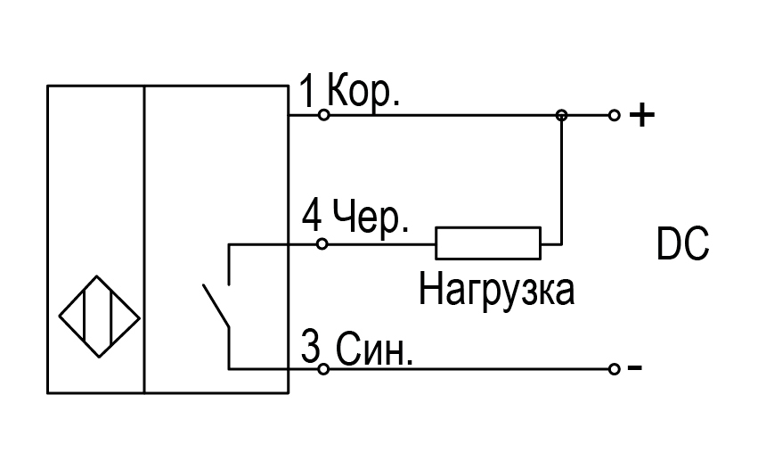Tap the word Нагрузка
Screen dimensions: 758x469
[x=496, y=290]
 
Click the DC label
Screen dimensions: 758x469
[x=682, y=243]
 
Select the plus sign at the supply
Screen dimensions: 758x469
[x=642, y=115]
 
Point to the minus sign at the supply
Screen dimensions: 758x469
[x=635, y=368]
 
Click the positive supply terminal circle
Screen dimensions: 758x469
[x=614, y=115]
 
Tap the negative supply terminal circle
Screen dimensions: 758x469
[x=614, y=369]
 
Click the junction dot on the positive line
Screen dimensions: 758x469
[x=561, y=115]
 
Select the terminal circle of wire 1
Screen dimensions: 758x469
[x=324, y=115]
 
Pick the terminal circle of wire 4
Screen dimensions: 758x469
[x=322, y=244]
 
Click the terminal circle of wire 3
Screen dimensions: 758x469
[x=323, y=369]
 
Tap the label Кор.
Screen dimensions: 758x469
[x=363, y=91]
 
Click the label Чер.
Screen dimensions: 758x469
[x=371, y=218]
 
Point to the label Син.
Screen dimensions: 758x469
[x=374, y=349]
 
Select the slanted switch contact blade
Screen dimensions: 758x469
[x=216, y=306]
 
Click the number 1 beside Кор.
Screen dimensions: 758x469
[x=307, y=91]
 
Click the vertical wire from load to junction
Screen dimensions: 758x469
[x=561, y=180]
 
